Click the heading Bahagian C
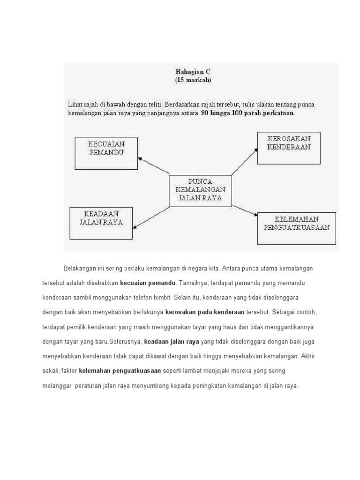pyautogui.click(x=193, y=72)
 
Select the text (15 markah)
pyautogui.click(x=193, y=80)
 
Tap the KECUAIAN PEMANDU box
pyautogui.click(x=106, y=153)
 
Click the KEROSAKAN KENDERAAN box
pyautogui.click(x=289, y=148)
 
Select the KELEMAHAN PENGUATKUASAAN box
pyautogui.click(x=297, y=228)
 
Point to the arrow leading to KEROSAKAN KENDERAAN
pyautogui.click(x=245, y=161)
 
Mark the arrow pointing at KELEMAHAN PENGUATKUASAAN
pyautogui.click(x=245, y=210)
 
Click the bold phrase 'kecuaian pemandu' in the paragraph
pyautogui.click(x=148, y=283)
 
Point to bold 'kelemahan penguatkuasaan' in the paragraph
pyautogui.click(x=120, y=371)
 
